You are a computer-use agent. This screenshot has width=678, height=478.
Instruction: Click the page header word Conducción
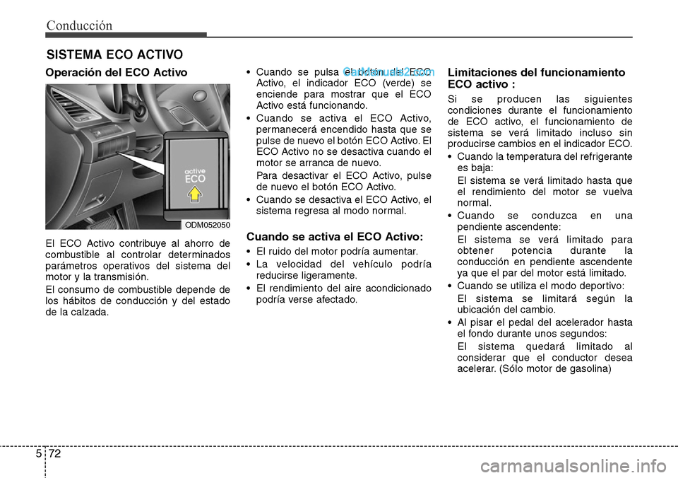point(79,25)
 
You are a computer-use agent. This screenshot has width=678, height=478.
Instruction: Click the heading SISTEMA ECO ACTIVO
point(114,54)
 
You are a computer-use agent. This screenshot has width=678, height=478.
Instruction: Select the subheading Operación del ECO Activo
point(117,73)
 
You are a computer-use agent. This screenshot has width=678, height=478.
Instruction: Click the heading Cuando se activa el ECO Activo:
point(334,236)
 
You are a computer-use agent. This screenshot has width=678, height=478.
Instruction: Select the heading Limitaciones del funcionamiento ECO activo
point(536,78)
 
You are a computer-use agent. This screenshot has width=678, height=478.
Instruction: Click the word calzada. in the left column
point(91,311)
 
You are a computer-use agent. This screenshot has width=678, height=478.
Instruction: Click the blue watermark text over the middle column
point(389,71)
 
